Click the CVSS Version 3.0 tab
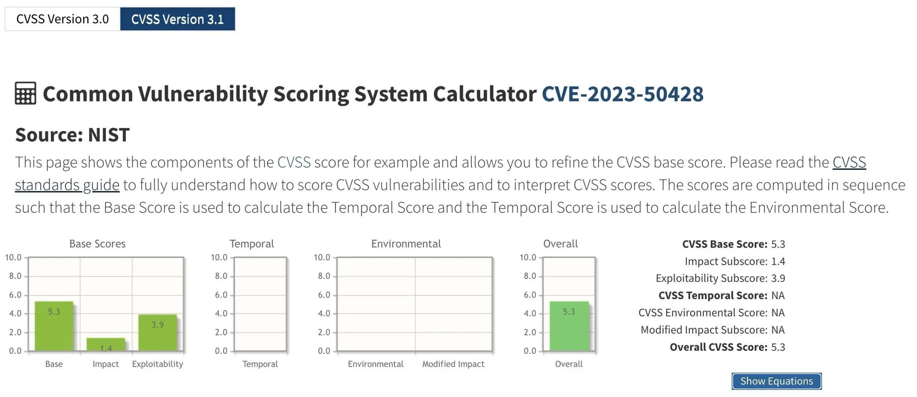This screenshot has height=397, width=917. pyautogui.click(x=62, y=19)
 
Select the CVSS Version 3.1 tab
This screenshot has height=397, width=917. pyautogui.click(x=178, y=19)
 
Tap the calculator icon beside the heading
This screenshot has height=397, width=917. pyautogui.click(x=26, y=93)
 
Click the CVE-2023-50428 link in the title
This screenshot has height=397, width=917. pyautogui.click(x=622, y=93)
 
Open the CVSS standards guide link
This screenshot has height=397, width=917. pyautogui.click(x=67, y=185)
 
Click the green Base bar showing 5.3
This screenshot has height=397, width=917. pyautogui.click(x=54, y=326)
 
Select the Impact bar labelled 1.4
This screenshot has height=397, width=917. pyautogui.click(x=106, y=344)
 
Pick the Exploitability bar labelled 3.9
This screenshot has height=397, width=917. pyautogui.click(x=157, y=332)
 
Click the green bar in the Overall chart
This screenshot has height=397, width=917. pyautogui.click(x=569, y=326)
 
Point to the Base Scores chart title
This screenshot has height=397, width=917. pyautogui.click(x=97, y=244)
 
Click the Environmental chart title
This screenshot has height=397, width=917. pyautogui.click(x=406, y=244)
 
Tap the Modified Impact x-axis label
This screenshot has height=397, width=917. pyautogui.click(x=453, y=364)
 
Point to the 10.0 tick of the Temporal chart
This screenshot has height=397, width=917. pyautogui.click(x=219, y=257)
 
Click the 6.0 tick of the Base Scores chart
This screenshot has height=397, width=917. pyautogui.click(x=15, y=295)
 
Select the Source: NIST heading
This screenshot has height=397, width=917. pyautogui.click(x=73, y=135)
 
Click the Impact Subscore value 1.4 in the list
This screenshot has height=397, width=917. pyautogui.click(x=778, y=261)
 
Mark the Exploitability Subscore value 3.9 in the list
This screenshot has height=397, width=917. pyautogui.click(x=778, y=278)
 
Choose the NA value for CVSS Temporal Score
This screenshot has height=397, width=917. pyautogui.click(x=778, y=295)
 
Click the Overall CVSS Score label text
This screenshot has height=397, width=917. pyautogui.click(x=719, y=347)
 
